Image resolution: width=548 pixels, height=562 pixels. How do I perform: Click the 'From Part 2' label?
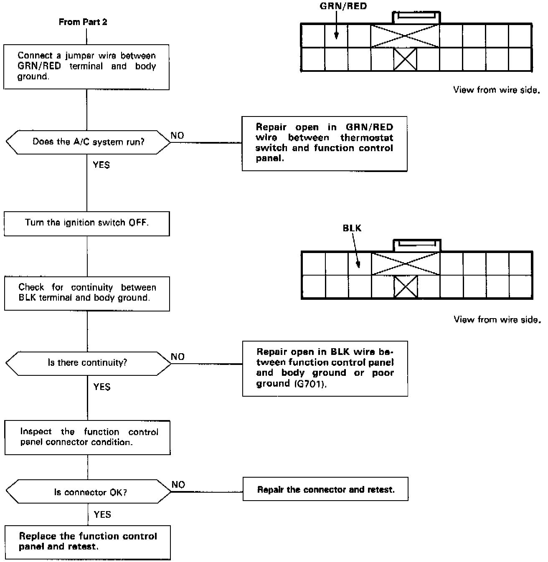[83, 22]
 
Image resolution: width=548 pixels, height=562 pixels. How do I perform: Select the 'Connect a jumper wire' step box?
[86, 67]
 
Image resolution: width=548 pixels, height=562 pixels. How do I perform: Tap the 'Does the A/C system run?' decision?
[88, 142]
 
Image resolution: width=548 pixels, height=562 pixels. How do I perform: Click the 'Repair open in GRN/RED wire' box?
[325, 143]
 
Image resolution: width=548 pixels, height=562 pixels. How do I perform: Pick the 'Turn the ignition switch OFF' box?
[87, 223]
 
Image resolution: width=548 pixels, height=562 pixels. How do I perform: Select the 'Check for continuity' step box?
[87, 293]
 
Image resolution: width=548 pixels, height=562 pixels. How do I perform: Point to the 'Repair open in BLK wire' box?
[325, 368]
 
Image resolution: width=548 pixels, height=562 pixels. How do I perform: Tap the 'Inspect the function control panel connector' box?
[88, 437]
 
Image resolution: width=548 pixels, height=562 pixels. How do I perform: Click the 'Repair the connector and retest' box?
[325, 489]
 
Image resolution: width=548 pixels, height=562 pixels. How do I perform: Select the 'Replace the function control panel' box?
[88, 542]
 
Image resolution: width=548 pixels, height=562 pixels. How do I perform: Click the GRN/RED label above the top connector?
[343, 6]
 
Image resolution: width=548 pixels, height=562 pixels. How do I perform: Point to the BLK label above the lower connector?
[352, 228]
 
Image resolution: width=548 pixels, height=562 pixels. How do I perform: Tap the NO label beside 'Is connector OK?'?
[178, 484]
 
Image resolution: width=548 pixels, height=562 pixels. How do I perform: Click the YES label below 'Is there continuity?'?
[102, 387]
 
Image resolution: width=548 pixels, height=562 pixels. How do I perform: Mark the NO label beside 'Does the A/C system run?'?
[177, 136]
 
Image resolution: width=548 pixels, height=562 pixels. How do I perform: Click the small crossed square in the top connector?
[405, 59]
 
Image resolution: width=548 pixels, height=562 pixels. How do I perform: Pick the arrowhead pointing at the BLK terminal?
[358, 264]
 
